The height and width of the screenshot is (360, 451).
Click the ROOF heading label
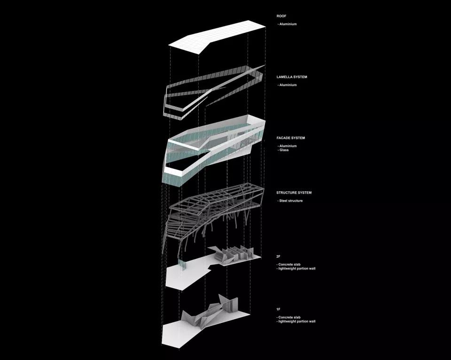[281, 16]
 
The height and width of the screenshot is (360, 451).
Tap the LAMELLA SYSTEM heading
[292, 77]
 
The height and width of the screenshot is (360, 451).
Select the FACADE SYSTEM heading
[291, 138]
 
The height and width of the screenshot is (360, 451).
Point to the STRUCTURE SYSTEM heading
[294, 193]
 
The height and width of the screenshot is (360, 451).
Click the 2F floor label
[279, 257]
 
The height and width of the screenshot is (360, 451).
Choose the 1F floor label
[279, 309]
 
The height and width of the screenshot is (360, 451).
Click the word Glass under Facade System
[283, 150]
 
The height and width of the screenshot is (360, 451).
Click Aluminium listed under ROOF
[287, 24]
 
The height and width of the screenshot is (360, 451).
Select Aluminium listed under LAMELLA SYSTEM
[287, 85]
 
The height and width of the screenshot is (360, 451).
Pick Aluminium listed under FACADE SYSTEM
[287, 146]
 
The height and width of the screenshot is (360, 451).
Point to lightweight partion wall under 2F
[296, 268]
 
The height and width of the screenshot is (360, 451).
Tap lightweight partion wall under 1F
[296, 321]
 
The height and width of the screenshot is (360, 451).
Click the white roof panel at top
[217, 37]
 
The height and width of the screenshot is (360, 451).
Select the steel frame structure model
[213, 213]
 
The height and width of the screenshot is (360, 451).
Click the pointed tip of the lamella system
[264, 66]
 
